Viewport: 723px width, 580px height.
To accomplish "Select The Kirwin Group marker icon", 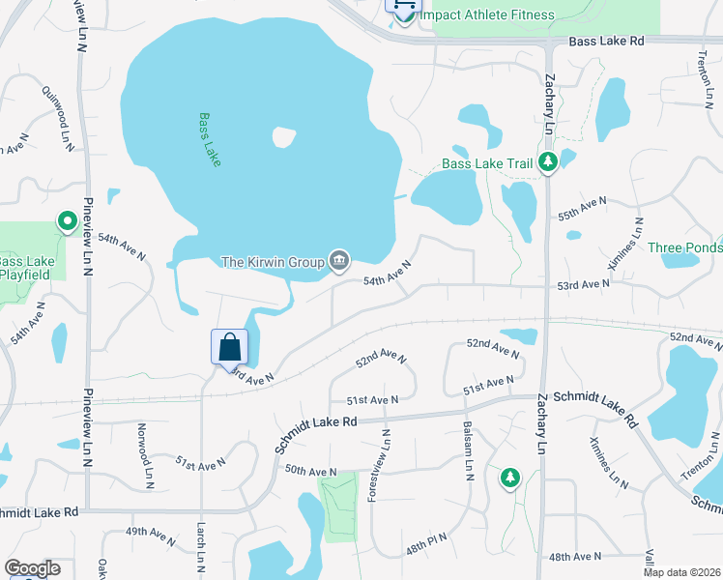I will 339,260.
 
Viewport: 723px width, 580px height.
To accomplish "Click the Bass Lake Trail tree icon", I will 548,162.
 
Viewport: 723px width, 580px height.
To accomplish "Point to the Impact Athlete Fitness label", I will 486,15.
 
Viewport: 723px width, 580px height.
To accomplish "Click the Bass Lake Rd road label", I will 606,42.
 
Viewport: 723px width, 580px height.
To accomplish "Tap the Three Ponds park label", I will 684,247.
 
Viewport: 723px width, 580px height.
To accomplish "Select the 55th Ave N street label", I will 582,207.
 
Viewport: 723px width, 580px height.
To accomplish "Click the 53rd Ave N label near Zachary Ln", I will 583,284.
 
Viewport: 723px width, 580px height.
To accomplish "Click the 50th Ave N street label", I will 310,471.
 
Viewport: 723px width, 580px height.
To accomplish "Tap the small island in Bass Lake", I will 283,137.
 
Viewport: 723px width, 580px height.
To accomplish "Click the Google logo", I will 32,568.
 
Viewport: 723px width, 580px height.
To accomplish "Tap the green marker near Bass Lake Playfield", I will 67,222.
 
